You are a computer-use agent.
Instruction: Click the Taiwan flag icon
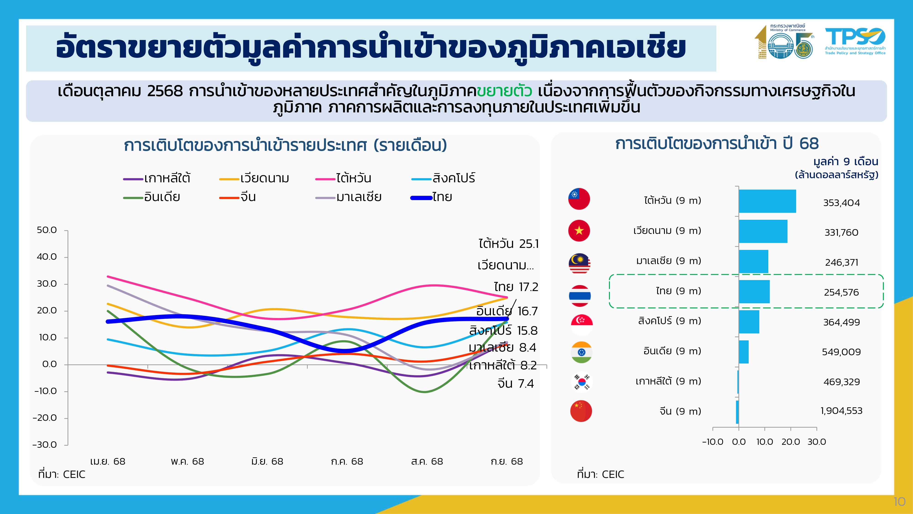tap(579, 199)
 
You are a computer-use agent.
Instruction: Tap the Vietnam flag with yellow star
tap(579, 231)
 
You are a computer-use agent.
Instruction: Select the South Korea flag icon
tap(582, 382)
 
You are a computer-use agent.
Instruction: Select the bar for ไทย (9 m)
tap(754, 291)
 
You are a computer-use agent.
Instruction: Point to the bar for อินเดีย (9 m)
tap(744, 352)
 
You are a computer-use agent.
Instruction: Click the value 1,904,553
tap(841, 411)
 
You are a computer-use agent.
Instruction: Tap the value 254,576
tap(841, 292)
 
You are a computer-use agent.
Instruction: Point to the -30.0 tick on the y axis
tap(45, 445)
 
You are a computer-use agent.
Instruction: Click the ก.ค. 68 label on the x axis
tap(347, 461)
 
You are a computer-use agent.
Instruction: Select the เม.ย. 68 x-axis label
tap(108, 461)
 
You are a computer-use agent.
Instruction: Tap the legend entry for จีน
tap(238, 197)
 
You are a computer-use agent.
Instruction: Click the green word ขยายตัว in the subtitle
tap(504, 91)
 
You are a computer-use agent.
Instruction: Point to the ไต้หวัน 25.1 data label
tap(508, 244)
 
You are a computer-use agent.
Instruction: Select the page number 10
tap(899, 502)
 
